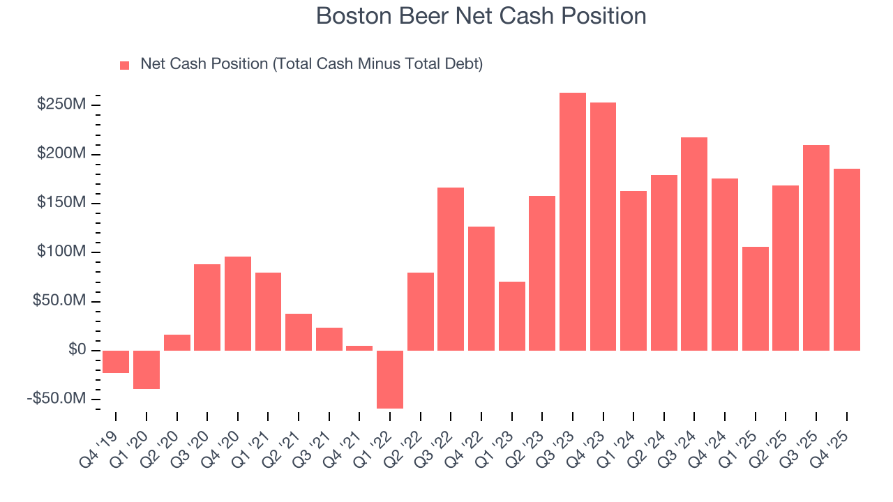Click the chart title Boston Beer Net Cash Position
click(481, 16)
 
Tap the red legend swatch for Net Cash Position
click(125, 65)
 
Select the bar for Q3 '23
click(573, 222)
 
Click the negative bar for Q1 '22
click(390, 379)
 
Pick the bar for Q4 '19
click(116, 362)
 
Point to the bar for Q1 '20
click(147, 370)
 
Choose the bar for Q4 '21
click(359, 348)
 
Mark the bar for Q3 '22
click(451, 269)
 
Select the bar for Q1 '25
click(755, 298)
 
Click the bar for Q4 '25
click(846, 259)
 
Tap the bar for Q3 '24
click(694, 244)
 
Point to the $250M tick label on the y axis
click(62, 105)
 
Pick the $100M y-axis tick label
click(62, 252)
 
